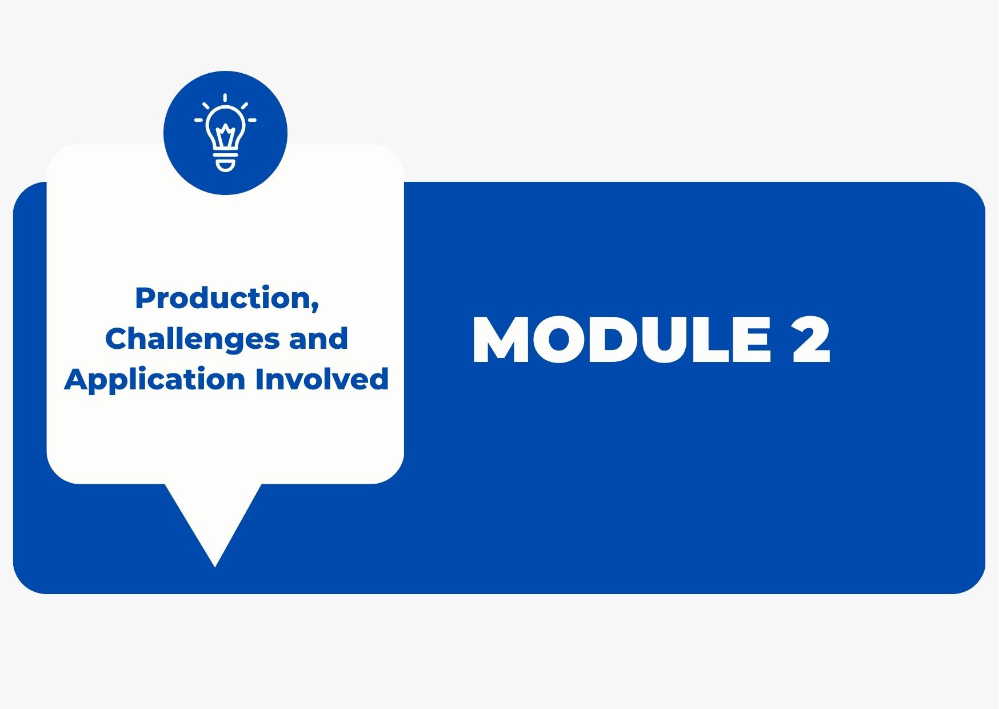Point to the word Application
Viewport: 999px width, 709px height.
tap(154, 380)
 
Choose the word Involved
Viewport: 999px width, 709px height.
tap(322, 379)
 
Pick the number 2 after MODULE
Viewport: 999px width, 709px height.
tap(811, 340)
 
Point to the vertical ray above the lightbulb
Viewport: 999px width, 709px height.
tap(225, 98)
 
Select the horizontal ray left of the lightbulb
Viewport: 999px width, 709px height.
tap(199, 120)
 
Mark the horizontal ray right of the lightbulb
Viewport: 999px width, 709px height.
tap(252, 120)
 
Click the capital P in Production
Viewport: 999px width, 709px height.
tap(145, 298)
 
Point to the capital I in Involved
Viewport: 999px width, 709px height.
tap(259, 379)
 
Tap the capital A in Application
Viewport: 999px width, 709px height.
tap(77, 379)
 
